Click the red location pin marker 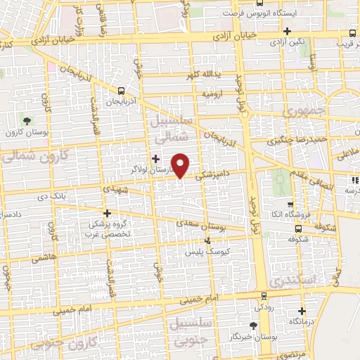click(181, 165)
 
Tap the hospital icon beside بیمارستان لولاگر click(155, 159)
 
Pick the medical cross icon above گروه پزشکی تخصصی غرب click(107, 212)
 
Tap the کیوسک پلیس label click(203, 251)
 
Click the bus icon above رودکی click(263, 296)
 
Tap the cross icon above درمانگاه click(302, 311)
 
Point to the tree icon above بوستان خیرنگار click(253, 326)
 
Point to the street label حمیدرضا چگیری click(293, 140)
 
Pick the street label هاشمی click(41, 259)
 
